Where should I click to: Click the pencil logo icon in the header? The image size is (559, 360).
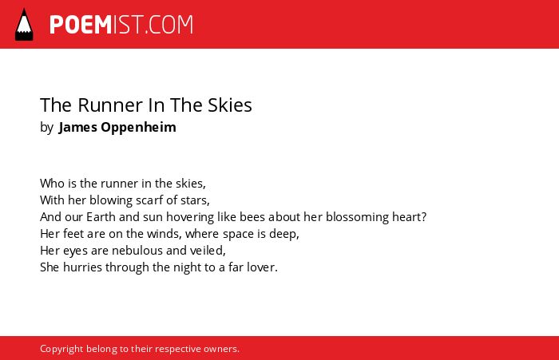pyautogui.click(x=24, y=24)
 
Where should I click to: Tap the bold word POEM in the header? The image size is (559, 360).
pyautogui.click(x=81, y=25)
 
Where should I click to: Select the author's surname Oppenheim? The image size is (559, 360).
pyautogui.click(x=138, y=128)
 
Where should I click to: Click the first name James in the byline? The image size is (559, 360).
pyautogui.click(x=77, y=127)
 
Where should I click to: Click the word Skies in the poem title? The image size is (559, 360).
pyautogui.click(x=230, y=105)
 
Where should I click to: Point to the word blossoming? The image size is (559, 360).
pyautogui.click(x=357, y=217)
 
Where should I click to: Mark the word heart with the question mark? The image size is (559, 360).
pyautogui.click(x=409, y=216)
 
